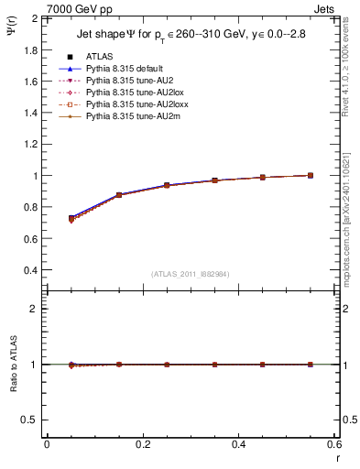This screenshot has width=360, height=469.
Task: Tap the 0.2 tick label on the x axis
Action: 142,444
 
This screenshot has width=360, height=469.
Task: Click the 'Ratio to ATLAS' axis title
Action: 13,364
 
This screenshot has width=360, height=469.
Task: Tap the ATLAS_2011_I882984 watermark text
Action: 191,275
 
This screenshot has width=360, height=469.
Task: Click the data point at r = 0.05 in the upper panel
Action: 71,219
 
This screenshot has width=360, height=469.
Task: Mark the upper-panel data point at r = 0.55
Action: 311,175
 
